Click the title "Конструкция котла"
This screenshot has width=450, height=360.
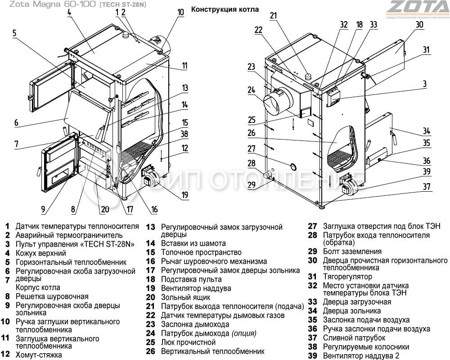[225, 9]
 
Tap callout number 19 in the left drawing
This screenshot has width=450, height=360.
[184, 195]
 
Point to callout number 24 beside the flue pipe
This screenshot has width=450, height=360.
[251, 90]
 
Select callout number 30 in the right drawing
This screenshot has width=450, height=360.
[419, 25]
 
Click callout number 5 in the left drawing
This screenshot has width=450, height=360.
[14, 32]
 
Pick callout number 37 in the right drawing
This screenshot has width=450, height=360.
[426, 186]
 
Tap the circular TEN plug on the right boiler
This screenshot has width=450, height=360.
[293, 166]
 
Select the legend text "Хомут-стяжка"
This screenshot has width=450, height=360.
[39, 355]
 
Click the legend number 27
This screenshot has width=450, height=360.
[312, 226]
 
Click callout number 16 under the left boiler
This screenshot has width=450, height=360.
[154, 209]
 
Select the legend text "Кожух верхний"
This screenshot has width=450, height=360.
[40, 253]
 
